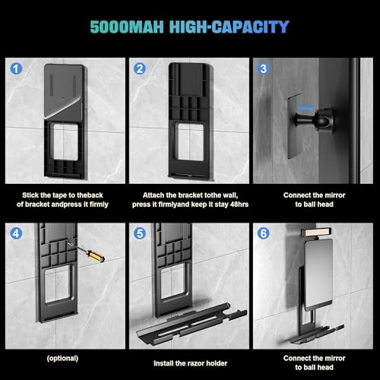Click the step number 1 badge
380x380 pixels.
(16, 68)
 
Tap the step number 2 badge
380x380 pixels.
(140, 68)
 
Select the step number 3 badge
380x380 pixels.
(264, 68)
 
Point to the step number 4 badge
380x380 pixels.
(16, 233)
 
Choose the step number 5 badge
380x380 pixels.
(140, 233)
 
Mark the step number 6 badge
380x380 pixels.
(264, 233)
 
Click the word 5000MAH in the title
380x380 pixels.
(127, 27)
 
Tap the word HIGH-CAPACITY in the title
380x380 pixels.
(230, 27)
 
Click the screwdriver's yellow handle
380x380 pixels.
(95, 255)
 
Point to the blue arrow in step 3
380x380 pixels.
(306, 108)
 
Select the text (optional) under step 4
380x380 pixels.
(62, 358)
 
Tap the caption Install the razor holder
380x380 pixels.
(190, 363)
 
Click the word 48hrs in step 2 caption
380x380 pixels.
(239, 204)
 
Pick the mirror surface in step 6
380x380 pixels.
(318, 275)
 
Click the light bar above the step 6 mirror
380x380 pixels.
(316, 232)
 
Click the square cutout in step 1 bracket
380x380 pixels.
(65, 142)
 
